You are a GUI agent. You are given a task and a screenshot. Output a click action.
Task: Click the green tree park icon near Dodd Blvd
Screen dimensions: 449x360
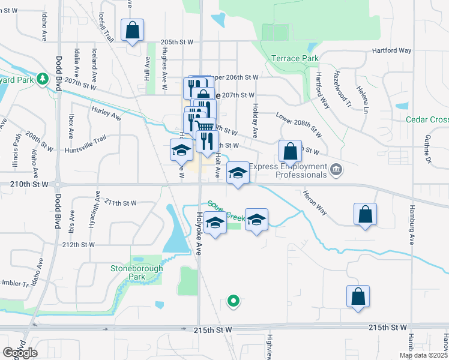42,78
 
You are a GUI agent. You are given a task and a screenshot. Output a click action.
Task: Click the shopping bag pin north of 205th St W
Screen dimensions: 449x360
132,30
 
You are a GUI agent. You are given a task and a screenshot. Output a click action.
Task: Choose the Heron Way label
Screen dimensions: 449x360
315,203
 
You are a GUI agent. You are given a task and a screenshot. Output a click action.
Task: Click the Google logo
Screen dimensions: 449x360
20,353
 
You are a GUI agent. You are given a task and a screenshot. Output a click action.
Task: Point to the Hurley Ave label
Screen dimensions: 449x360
106,113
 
